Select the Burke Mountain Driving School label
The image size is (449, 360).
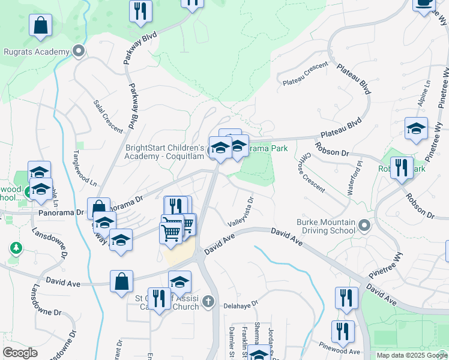click(x=327, y=226)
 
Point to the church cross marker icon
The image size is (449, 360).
click(x=208, y=301)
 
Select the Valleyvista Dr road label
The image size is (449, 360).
click(x=241, y=211)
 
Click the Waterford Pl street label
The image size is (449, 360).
click(x=354, y=173)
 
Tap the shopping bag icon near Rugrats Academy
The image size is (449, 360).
click(x=40, y=26)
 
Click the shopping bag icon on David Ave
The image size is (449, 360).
click(x=121, y=281)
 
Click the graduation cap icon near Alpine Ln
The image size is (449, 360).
click(x=416, y=128)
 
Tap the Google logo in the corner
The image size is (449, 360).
click(x=20, y=353)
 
